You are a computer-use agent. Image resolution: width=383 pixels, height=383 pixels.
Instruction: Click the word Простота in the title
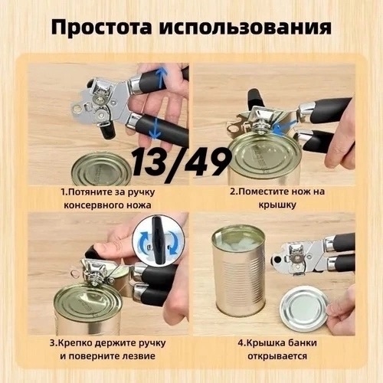click(101, 28)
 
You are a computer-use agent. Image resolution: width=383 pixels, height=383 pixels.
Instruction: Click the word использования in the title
click(246, 28)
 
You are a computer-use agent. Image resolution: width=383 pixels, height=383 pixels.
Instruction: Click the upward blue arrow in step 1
click(160, 77)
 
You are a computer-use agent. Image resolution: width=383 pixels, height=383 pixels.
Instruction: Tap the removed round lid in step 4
click(304, 309)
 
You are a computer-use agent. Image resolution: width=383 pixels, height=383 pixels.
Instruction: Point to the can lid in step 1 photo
click(101, 169)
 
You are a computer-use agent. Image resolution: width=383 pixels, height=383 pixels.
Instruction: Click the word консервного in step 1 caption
click(93, 205)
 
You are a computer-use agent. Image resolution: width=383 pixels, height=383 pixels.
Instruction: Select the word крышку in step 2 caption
click(277, 205)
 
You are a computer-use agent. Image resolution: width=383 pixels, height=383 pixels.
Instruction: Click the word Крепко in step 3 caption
click(75, 343)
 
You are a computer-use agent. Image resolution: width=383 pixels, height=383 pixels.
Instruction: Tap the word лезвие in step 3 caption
click(139, 356)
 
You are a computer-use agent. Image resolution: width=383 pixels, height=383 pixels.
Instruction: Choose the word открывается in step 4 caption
click(277, 356)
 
